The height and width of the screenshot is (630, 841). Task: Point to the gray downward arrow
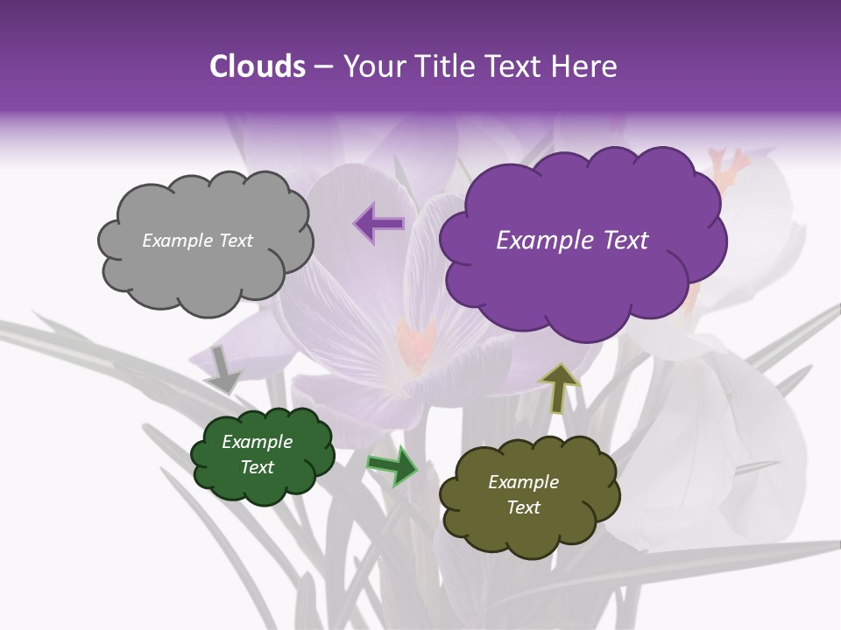223,370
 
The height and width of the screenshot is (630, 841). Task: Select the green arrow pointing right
393,465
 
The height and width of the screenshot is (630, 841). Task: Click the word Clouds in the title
257,66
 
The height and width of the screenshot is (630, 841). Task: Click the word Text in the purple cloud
625,241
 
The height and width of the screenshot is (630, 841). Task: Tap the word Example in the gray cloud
175,241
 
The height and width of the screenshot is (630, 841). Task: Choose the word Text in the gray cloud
235,241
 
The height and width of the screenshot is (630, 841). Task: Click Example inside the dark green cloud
257,442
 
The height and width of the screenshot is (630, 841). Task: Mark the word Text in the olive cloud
523,507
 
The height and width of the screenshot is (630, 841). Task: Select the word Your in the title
370,66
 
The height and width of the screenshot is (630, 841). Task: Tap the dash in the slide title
323,66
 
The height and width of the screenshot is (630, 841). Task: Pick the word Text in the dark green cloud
257,467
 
